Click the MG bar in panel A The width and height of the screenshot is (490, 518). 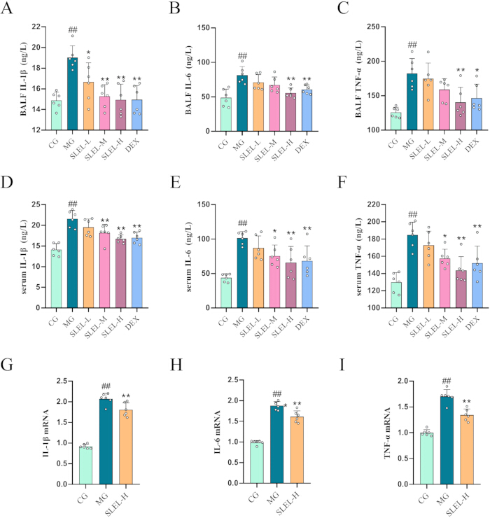click(x=72, y=94)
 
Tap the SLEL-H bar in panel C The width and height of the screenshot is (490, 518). click(x=461, y=116)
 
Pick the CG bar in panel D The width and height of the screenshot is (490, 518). click(x=56, y=279)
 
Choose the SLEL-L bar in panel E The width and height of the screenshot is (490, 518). click(x=258, y=278)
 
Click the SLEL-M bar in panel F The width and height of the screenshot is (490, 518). click(x=444, y=283)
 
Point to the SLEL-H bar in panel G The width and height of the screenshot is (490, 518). click(x=126, y=447)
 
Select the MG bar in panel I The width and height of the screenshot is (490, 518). click(x=447, y=440)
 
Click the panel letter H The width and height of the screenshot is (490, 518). click(x=176, y=365)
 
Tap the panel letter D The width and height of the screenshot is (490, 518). click(x=7, y=182)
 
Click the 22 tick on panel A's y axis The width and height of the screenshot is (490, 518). click(x=36, y=27)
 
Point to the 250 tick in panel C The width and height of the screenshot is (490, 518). click(x=374, y=27)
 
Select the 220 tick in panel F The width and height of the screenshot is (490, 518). click(x=374, y=204)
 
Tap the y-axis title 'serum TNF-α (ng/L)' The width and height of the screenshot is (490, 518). click(x=360, y=256)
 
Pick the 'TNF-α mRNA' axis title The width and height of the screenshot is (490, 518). click(x=387, y=433)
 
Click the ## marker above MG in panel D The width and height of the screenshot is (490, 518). click(x=72, y=204)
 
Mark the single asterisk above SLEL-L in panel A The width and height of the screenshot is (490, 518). click(x=89, y=53)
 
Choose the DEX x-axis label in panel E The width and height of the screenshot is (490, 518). click(x=302, y=323)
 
